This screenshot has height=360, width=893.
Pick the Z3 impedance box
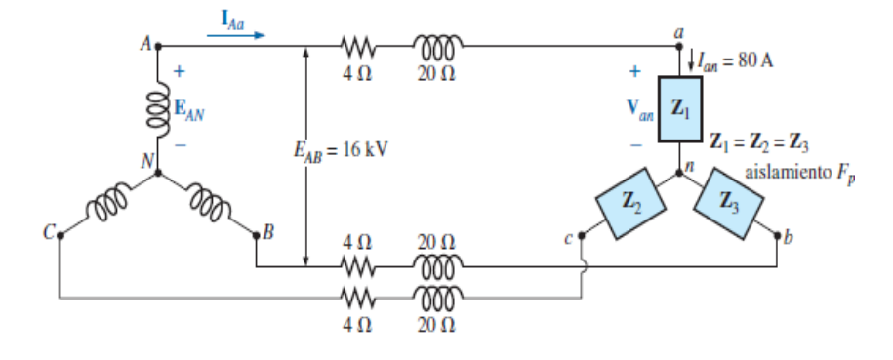point(727,203)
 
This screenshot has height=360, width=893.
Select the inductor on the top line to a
point(432,46)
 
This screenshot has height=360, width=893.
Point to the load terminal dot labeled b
point(778,235)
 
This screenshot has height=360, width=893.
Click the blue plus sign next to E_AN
point(180,72)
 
